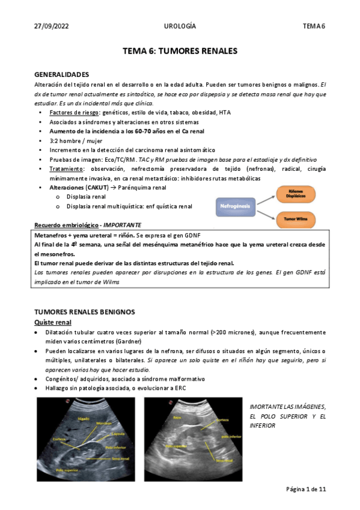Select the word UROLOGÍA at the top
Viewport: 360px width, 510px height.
(180, 26)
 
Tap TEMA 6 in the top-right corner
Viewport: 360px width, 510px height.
(314, 26)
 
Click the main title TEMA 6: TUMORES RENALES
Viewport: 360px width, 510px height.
(180, 52)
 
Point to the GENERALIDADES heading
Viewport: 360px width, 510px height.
(62, 75)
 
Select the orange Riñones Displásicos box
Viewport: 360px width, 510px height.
(299, 194)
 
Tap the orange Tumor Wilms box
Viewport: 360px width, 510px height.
(299, 220)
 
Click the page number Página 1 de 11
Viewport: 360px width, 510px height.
(306, 490)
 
